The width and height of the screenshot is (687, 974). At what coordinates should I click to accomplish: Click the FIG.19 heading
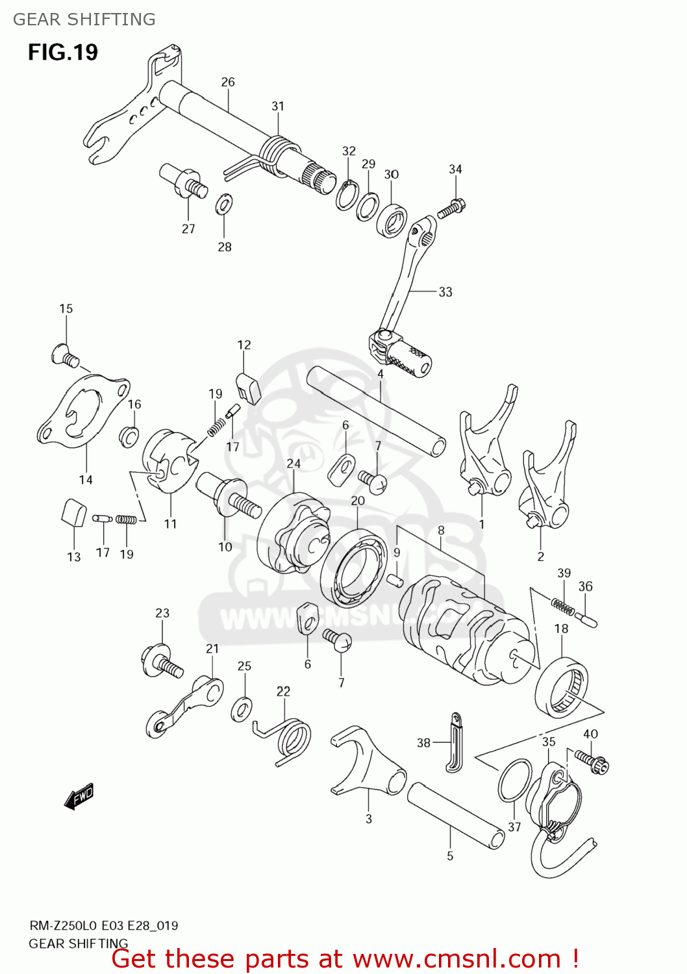[63, 52]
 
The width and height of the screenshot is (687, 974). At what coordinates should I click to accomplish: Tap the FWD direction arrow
[79, 796]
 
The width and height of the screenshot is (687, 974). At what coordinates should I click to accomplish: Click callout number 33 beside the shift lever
[445, 292]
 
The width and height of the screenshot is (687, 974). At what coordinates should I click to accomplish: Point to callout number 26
[228, 82]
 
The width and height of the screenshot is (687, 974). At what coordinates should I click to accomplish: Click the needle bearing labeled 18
[562, 688]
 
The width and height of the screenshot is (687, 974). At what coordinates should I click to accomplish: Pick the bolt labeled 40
[592, 762]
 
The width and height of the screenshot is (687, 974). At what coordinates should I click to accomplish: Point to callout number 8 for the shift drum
[441, 531]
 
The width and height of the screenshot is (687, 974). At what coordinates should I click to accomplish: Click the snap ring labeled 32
[347, 195]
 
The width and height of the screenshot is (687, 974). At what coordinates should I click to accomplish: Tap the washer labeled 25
[242, 708]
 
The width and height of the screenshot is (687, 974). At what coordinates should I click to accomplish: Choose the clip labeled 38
[455, 743]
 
